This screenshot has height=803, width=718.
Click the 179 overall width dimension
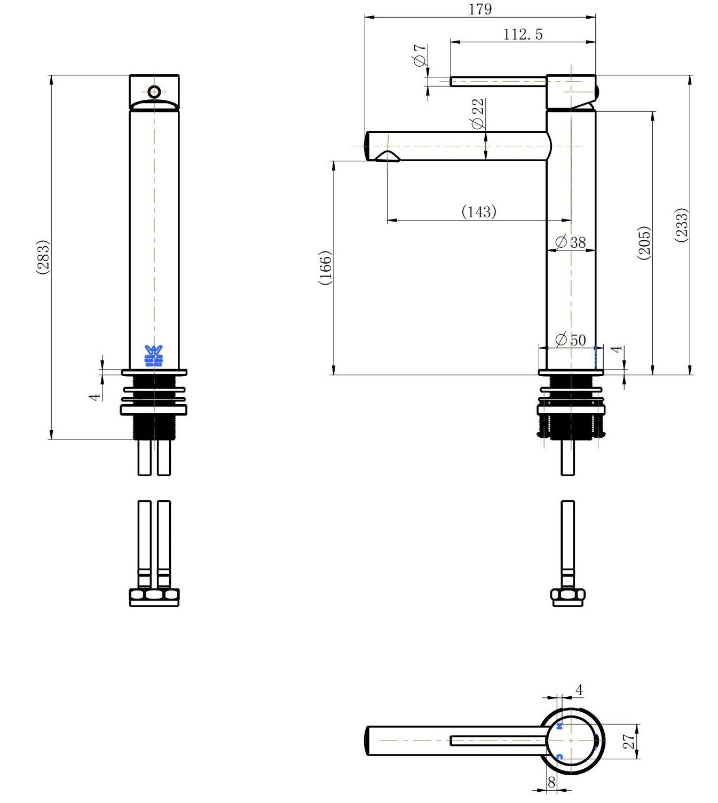point(480,9)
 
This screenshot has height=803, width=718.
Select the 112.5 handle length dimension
point(523,34)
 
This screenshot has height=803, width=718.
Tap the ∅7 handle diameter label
point(420,55)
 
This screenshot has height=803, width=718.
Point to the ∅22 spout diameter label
point(478,114)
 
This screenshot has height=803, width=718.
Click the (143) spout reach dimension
point(479,211)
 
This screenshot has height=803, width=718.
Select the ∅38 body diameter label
point(571,242)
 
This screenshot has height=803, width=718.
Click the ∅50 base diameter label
point(571,340)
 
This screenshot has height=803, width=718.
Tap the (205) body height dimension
point(644,243)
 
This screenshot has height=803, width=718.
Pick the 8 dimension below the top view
point(551,782)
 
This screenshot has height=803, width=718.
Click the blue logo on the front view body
point(154,356)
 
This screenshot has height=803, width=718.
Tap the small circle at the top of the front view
point(154,91)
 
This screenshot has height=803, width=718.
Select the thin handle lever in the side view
point(498,81)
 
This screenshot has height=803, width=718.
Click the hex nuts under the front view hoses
point(154,596)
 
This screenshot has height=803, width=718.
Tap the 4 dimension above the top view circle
point(579,690)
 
